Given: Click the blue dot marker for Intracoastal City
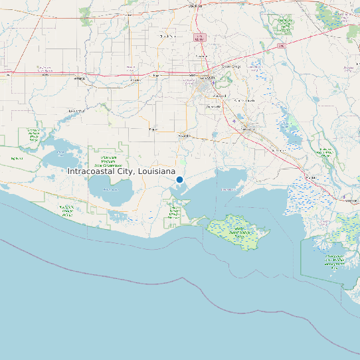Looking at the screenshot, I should pyautogui.click(x=179, y=179).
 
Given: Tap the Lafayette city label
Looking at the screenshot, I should pyautogui.click(x=208, y=78).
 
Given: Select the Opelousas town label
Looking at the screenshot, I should pyautogui.click(x=195, y=6).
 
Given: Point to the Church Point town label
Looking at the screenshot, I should pyautogui.click(x=167, y=36).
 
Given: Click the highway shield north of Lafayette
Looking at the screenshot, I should pyautogui.click(x=199, y=39).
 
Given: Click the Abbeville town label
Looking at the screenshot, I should pyautogui.click(x=184, y=135).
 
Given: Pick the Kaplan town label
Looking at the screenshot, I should pyautogui.click(x=153, y=129).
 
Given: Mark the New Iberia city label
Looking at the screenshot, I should pyautogui.click(x=247, y=128).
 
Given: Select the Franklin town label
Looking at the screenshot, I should pyautogui.click(x=310, y=178).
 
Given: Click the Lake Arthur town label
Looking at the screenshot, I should pyautogui.click(x=76, y=110).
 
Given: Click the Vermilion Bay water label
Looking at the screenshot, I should pyautogui.click(x=229, y=189).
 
